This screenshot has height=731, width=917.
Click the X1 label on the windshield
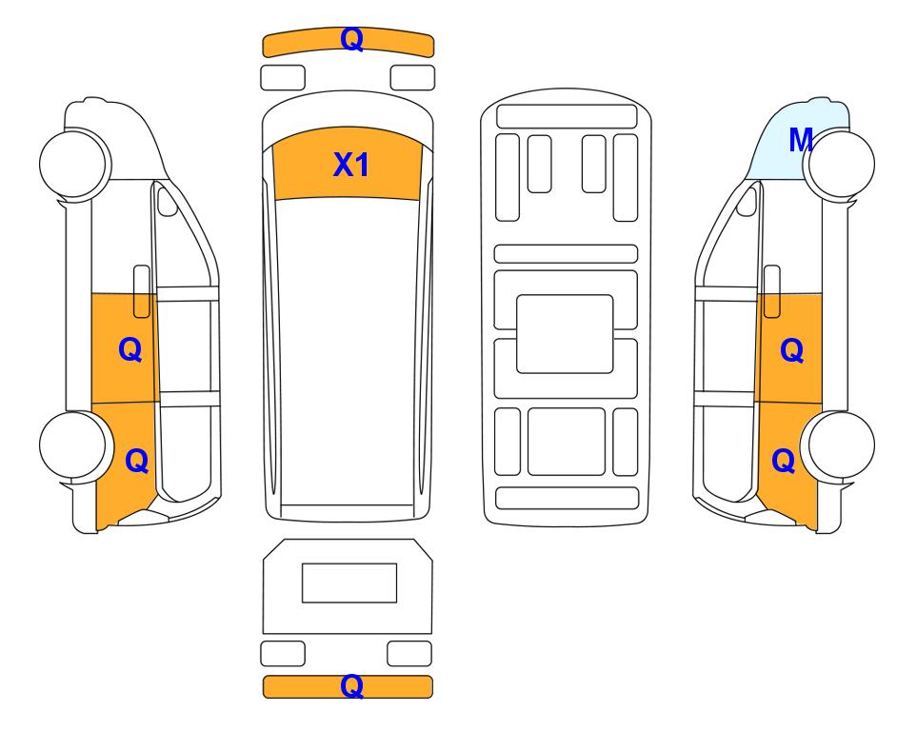point(350,165)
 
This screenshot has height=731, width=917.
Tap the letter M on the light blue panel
point(801,140)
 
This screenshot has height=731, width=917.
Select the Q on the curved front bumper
point(352,39)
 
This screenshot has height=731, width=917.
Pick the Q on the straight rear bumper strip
point(352,686)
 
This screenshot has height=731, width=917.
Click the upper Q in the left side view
point(130,349)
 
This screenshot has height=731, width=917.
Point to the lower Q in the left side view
point(137,461)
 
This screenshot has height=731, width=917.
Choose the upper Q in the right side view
point(792,350)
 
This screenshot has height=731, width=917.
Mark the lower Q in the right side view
point(783,461)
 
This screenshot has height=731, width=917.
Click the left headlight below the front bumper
point(283,78)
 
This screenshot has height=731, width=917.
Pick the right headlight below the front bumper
point(412,78)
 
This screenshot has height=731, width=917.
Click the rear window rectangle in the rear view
point(349,583)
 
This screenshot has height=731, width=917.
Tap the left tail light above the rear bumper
point(283,653)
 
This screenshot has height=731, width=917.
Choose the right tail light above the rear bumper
point(409,653)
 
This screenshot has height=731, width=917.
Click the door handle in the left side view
point(142,291)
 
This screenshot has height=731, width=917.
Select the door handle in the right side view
point(772,291)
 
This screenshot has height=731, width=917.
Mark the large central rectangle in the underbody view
point(565,334)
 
